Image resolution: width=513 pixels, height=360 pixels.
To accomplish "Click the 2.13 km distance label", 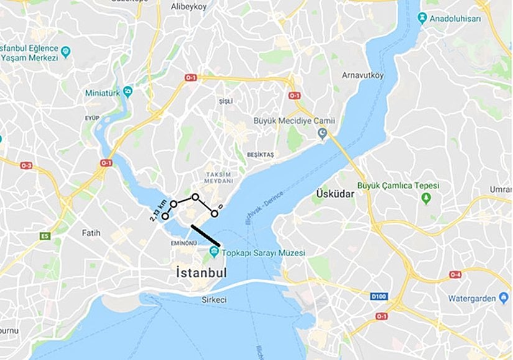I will (x=158, y=210).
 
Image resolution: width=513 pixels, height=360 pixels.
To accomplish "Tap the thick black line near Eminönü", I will (x=205, y=236).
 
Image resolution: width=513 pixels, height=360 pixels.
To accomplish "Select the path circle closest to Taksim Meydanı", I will (x=195, y=197).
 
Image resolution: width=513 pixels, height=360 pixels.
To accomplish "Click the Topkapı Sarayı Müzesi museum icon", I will (x=214, y=252).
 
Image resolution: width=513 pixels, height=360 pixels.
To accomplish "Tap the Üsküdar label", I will (x=335, y=194).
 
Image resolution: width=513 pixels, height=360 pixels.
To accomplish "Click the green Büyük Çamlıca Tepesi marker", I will (x=426, y=198).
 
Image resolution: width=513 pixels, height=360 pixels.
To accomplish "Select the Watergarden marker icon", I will (x=504, y=298).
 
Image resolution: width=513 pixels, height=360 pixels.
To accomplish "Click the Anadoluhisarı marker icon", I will (x=423, y=19).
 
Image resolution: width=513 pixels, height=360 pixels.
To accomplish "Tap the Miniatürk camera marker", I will (x=127, y=91).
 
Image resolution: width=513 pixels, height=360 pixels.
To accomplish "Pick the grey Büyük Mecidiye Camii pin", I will (x=323, y=133).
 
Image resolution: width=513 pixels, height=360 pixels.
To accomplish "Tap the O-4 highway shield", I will (x=455, y=274).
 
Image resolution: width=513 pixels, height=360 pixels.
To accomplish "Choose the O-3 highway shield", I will (x=26, y=165).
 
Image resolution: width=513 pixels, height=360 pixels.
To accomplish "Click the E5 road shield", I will (x=44, y=236).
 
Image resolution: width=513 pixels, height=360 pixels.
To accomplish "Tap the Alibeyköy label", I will (x=188, y=6).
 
